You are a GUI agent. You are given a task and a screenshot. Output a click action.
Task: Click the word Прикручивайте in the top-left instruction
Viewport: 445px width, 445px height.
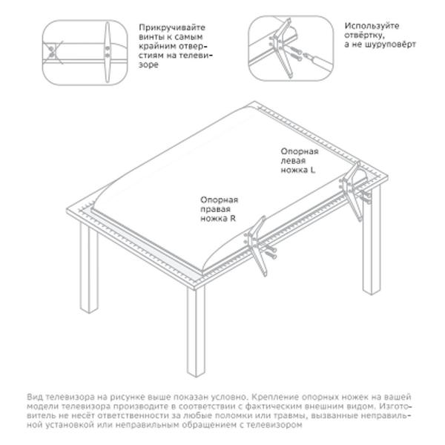pyautogui.click(x=172, y=27)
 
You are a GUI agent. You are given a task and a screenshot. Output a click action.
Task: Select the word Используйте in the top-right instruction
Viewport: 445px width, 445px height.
pyautogui.click(x=372, y=26)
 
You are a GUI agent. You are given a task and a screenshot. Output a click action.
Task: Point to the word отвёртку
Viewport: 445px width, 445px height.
pyautogui.click(x=365, y=36)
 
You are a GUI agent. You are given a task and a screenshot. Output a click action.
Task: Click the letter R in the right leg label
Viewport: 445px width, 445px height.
pyautogui.click(x=233, y=218)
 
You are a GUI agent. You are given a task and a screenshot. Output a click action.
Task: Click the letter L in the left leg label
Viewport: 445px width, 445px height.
pyautogui.click(x=312, y=170)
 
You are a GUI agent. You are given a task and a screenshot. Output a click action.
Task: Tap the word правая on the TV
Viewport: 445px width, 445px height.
pyautogui.click(x=215, y=209)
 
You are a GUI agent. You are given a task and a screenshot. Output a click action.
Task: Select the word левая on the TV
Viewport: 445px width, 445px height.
pyautogui.click(x=293, y=161)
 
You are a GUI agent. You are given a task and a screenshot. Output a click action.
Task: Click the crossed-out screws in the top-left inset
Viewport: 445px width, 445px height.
pyautogui.click(x=52, y=52)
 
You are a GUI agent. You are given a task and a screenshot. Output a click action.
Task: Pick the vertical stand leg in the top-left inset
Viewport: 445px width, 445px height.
pyautogui.click(x=107, y=53)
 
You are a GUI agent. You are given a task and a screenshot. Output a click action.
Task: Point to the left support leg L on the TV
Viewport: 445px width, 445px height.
pyautogui.click(x=352, y=190)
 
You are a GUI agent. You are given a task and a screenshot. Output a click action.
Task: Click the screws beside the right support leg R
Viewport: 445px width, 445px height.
pyautogui.click(x=270, y=251)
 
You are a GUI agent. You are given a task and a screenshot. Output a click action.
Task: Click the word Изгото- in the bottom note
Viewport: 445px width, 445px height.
pyautogui.click(x=395, y=406)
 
